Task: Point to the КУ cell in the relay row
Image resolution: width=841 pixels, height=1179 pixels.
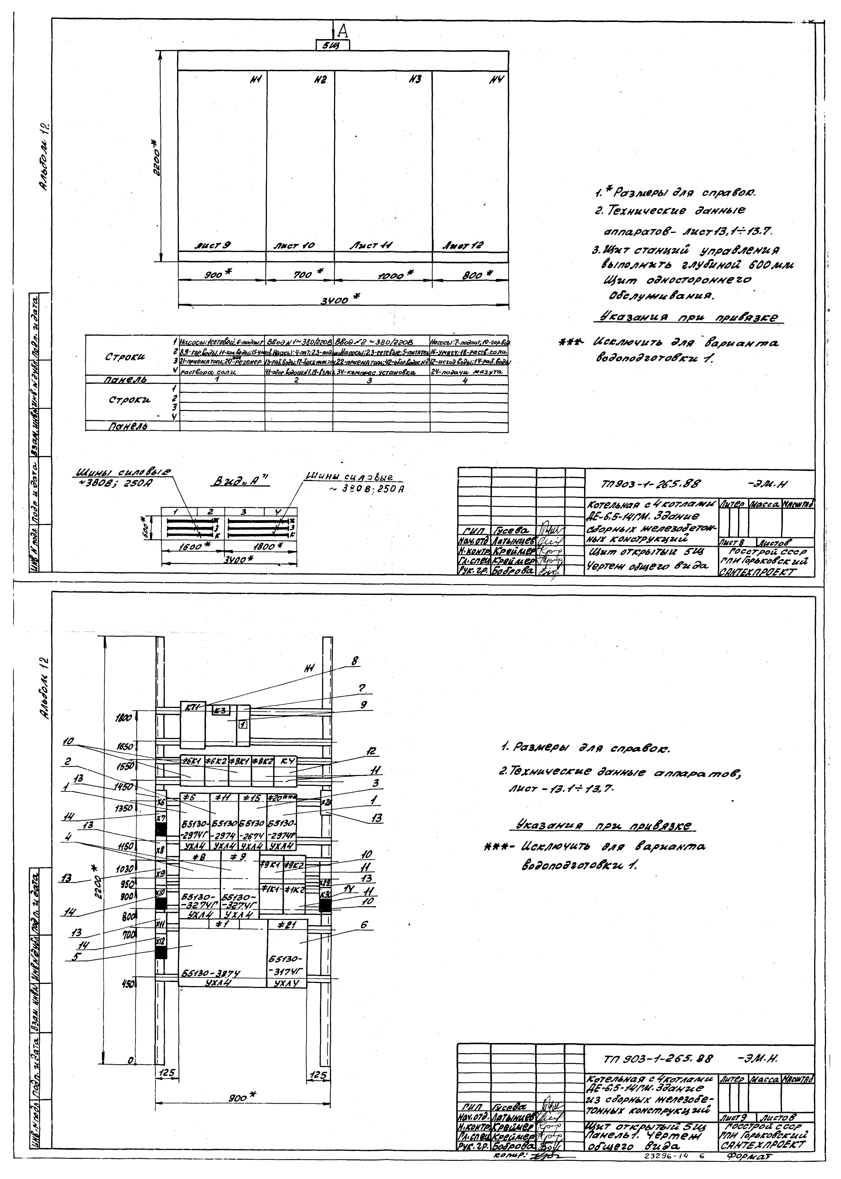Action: click(x=286, y=761)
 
